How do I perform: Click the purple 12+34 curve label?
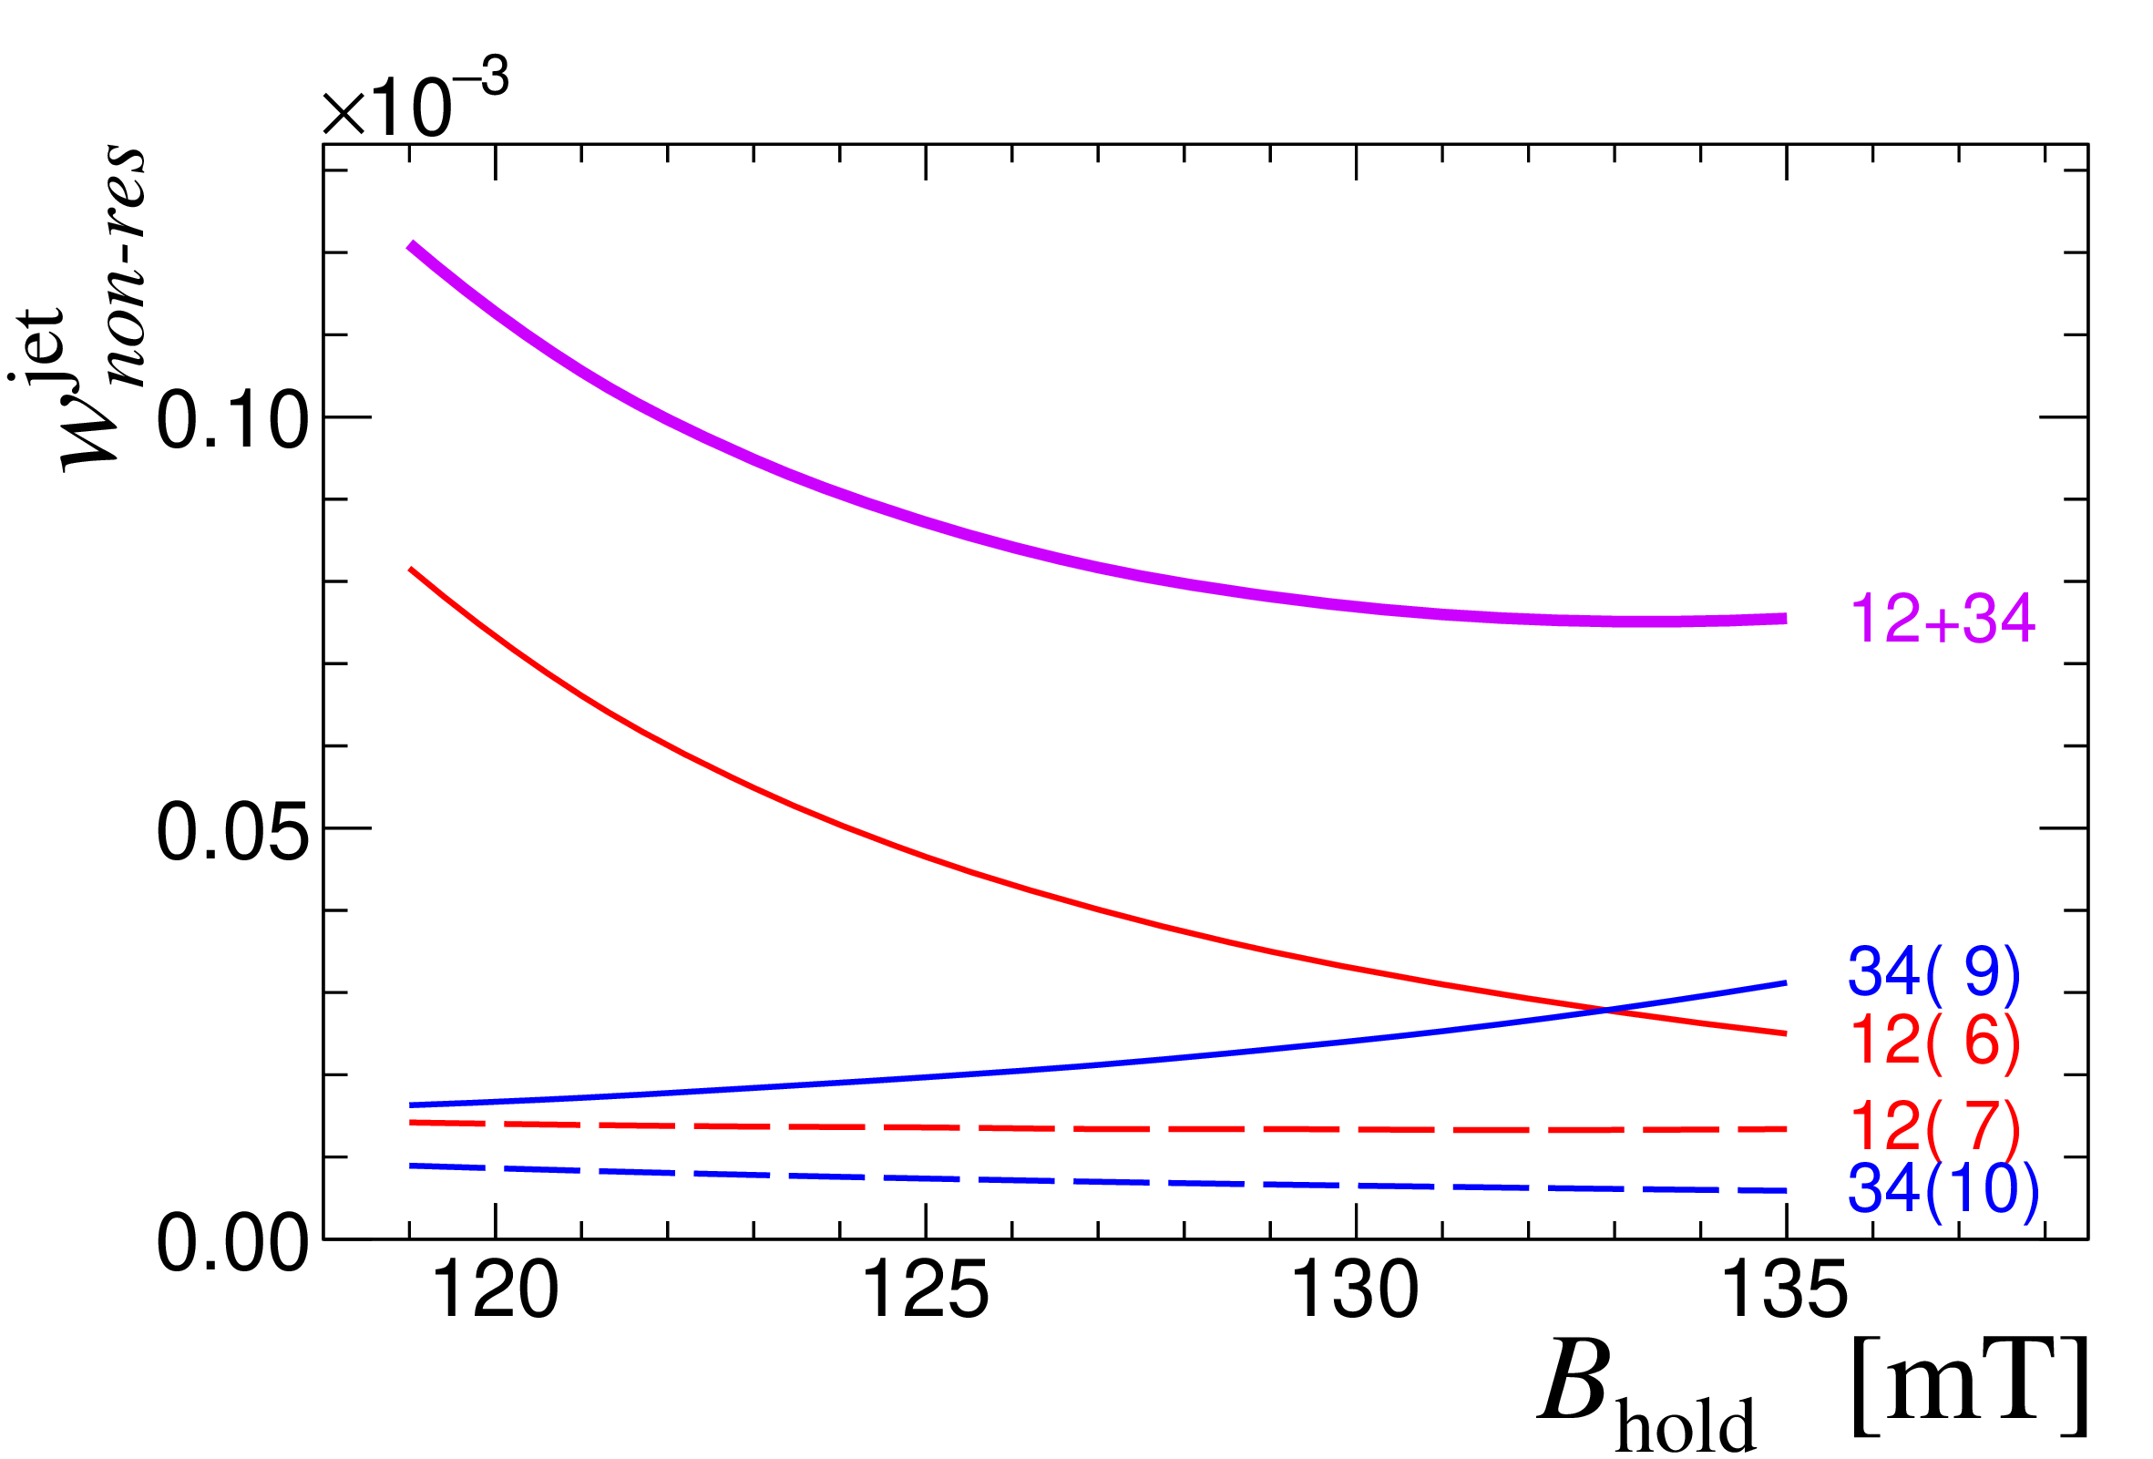(1942, 619)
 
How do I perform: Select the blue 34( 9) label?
(1933, 971)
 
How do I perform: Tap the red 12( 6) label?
(1934, 1041)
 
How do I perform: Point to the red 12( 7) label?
(1934, 1125)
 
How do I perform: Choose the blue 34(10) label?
(1943, 1187)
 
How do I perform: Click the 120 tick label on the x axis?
(496, 1290)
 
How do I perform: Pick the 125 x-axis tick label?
(926, 1290)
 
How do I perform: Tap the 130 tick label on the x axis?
(1356, 1290)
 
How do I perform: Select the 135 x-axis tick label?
(1785, 1290)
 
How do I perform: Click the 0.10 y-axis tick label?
(231, 419)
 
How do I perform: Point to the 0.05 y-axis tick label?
(231, 831)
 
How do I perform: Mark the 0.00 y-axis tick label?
(231, 1242)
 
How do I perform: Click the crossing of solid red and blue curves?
(1604, 1010)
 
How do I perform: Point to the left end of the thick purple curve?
(410, 245)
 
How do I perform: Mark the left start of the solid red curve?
(410, 569)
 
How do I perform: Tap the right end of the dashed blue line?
(1785, 1190)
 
